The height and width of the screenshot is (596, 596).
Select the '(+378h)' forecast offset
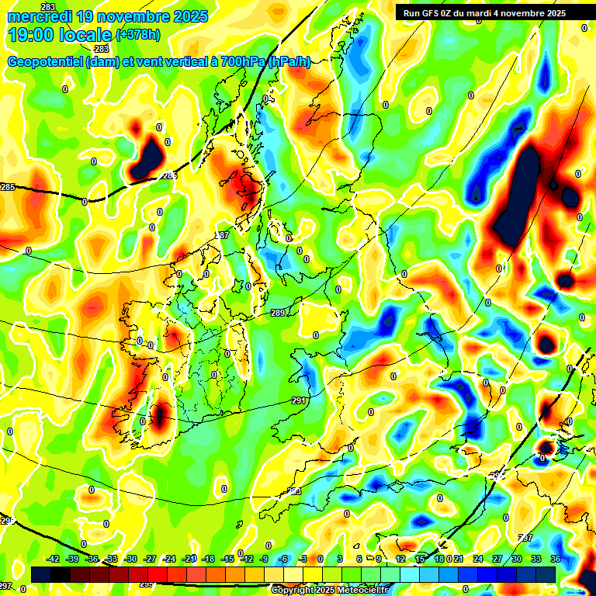click(139, 35)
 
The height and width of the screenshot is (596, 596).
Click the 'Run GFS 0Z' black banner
click(484, 12)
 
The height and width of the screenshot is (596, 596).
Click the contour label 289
click(278, 313)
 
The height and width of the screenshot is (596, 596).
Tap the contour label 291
click(299, 400)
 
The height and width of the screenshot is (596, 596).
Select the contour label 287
click(223, 234)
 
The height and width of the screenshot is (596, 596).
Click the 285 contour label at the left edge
click(8, 187)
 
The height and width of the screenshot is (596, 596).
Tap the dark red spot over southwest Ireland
click(160, 418)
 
